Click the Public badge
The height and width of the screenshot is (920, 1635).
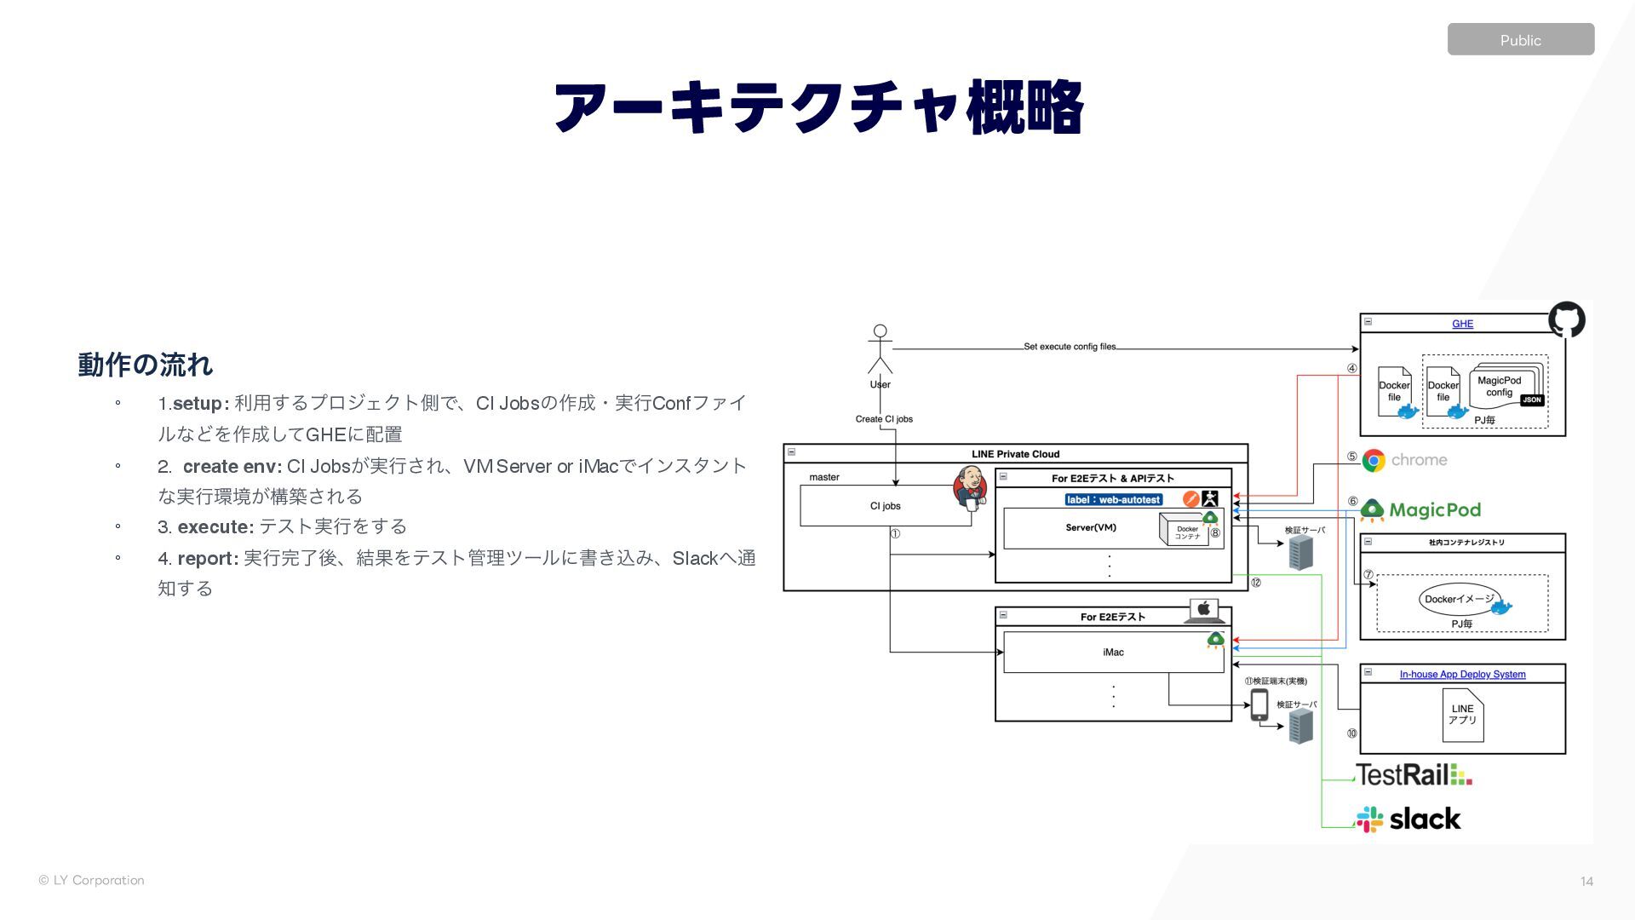pos(1520,40)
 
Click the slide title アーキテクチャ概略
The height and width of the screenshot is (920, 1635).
pos(817,107)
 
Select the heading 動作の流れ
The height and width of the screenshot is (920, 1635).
pos(145,365)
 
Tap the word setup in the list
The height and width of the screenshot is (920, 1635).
pos(197,403)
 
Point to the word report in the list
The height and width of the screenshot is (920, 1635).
pos(206,559)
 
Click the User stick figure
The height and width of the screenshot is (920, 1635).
pos(880,349)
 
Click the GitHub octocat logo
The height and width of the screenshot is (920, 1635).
pos(1566,319)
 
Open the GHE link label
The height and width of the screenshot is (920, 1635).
pos(1462,324)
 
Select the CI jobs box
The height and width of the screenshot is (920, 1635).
pos(885,506)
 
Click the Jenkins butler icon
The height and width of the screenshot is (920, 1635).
pos(969,487)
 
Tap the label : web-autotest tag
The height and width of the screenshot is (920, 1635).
pos(1113,500)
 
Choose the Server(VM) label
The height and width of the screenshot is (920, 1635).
pos(1090,528)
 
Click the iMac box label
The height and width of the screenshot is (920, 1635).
pos(1113,653)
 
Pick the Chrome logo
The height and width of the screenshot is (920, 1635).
pos(1374,461)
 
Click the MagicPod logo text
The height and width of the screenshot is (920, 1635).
pos(1434,510)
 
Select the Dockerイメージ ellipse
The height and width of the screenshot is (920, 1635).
pos(1460,599)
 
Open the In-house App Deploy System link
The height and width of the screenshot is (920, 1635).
pos(1462,675)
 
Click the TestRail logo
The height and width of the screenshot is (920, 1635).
pos(1413,775)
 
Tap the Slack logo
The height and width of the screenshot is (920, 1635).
pos(1408,819)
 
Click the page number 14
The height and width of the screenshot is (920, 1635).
pos(1586,882)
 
